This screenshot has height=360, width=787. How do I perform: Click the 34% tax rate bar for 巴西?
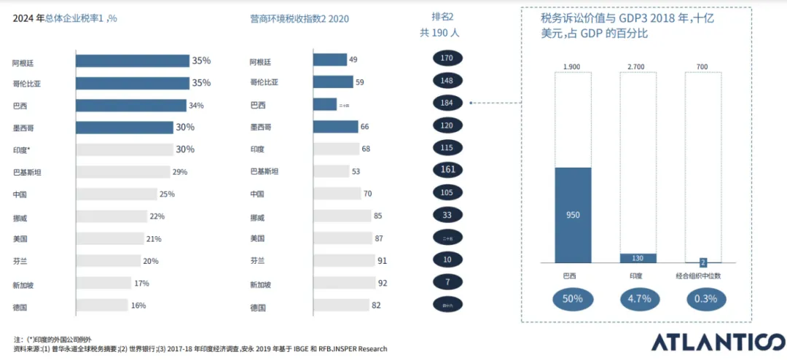point(131,106)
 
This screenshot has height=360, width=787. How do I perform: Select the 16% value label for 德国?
point(138,305)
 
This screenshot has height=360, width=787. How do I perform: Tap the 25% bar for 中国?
point(117,194)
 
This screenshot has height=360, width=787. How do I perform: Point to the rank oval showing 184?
point(447,103)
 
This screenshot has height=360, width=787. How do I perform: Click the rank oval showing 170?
point(447,58)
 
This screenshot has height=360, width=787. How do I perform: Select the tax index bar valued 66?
point(335,127)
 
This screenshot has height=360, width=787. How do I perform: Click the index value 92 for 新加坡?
point(382,283)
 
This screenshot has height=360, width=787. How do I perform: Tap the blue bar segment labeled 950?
point(573,215)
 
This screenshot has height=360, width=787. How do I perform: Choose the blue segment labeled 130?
point(638,258)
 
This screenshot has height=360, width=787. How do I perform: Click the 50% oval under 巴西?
point(573,299)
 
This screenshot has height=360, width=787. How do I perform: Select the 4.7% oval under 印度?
point(638,299)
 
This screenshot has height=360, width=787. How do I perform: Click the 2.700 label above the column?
point(637,67)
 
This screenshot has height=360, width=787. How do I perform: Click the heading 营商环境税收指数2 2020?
point(299,18)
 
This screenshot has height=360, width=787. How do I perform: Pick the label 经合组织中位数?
point(702,277)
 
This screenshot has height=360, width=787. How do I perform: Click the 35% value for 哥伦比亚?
point(201,83)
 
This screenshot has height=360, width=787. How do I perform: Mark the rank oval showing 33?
point(447,215)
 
